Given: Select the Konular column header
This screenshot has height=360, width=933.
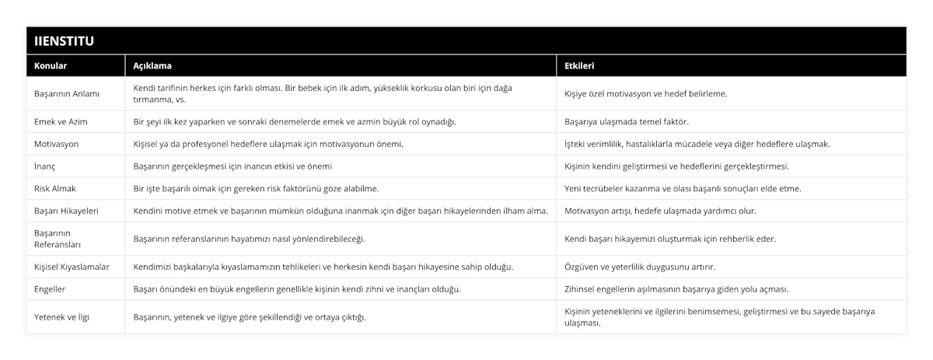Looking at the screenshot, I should click(x=51, y=66).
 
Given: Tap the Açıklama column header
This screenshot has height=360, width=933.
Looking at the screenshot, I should click(x=152, y=66).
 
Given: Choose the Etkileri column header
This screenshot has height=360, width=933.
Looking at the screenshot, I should click(x=579, y=66).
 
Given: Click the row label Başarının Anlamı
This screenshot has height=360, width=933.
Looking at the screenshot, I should click(x=67, y=93).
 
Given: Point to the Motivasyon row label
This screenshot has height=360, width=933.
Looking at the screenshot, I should click(x=56, y=144).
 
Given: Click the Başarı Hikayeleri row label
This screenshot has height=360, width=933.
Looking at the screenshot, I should click(x=68, y=211).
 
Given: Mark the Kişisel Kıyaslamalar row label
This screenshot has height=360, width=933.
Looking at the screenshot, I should click(x=72, y=267).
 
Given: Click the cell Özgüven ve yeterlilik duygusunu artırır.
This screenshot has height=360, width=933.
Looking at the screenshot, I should click(x=640, y=267).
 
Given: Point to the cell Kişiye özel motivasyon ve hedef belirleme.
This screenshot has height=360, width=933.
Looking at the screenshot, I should click(x=646, y=93).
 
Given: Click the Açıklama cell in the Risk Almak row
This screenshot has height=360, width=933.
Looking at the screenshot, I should click(x=257, y=188).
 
